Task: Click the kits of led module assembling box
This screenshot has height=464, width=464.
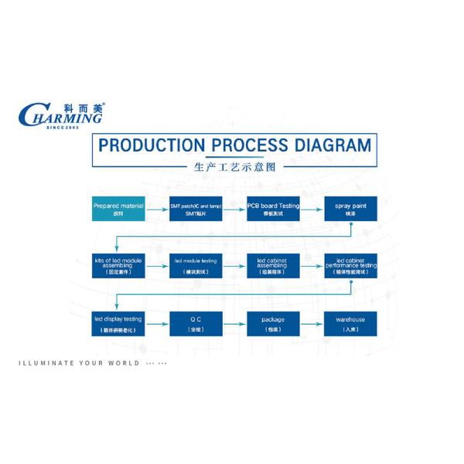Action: pyautogui.click(x=118, y=267)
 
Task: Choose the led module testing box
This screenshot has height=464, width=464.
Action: pyautogui.click(x=196, y=267)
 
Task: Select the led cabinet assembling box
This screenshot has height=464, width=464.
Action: pyautogui.click(x=273, y=267)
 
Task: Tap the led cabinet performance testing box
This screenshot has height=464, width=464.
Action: pyautogui.click(x=350, y=267)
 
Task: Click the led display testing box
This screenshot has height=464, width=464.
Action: pyautogui.click(x=118, y=323)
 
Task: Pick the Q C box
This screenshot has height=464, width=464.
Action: pyautogui.click(x=196, y=323)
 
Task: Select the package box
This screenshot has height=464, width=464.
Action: pyautogui.click(x=273, y=323)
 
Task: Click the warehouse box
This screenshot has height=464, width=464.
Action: pyautogui.click(x=350, y=323)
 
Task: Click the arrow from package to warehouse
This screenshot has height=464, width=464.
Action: pyautogui.click(x=312, y=323)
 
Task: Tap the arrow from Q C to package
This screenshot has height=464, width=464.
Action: pyautogui.click(x=234, y=323)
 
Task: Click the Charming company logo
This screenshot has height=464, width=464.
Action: pyautogui.click(x=61, y=116)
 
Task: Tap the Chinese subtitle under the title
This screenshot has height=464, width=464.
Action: pyautogui.click(x=233, y=166)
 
